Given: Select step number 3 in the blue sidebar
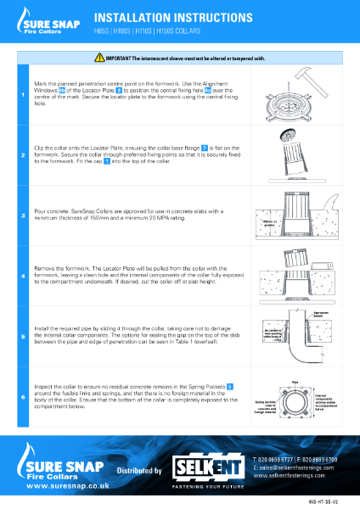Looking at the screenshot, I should [23, 216].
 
